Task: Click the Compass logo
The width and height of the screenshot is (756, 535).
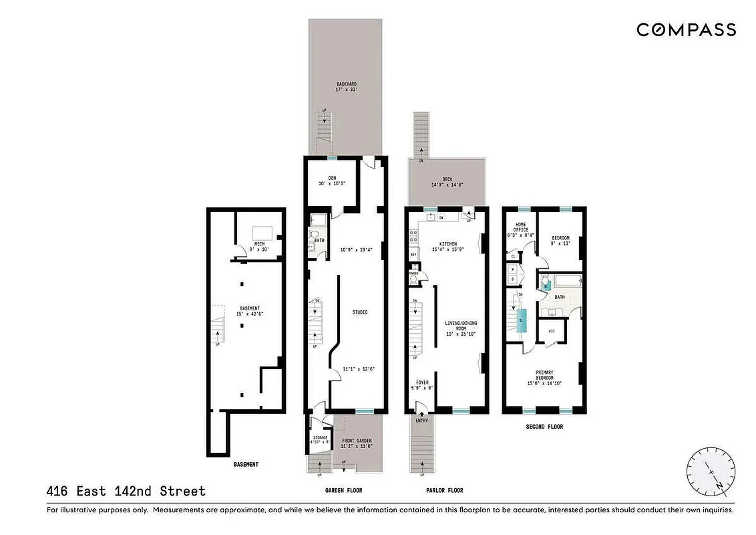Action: (686, 29)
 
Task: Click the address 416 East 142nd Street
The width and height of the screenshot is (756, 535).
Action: (126, 492)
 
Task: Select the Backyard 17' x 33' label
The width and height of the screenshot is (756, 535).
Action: (345, 87)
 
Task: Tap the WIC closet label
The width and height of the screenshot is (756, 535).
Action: (552, 331)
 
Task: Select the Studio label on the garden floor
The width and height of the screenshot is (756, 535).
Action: (360, 312)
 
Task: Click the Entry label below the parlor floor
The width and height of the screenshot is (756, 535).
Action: (421, 421)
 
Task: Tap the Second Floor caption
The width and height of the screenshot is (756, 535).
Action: (544, 425)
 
